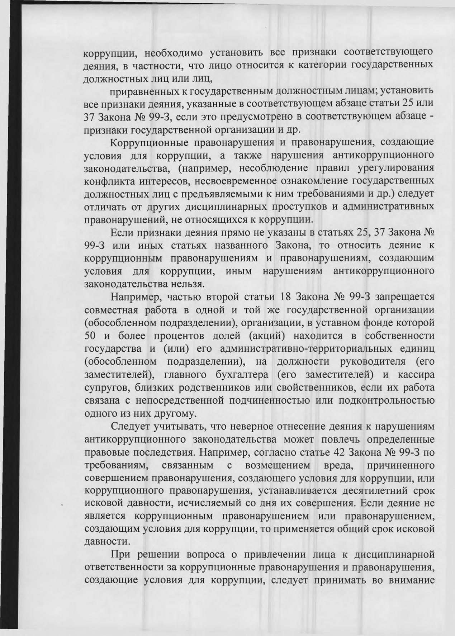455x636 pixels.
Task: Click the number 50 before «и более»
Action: (90, 336)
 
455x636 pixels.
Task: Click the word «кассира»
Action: (416, 375)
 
